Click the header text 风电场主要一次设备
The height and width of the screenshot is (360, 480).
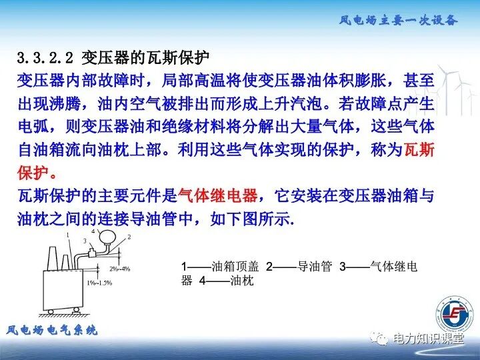coord(398,20)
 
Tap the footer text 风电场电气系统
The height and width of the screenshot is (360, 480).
coord(52,330)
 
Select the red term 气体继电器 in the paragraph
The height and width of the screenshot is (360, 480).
coord(217,196)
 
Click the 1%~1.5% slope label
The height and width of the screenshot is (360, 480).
coord(99,283)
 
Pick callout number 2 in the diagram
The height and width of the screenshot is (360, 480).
coord(129,237)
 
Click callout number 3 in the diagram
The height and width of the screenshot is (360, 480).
coord(85,241)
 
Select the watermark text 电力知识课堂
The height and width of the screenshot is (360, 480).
coord(428,339)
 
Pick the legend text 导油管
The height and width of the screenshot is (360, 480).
coord(315,267)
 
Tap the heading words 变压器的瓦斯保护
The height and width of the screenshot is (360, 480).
coord(150,58)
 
